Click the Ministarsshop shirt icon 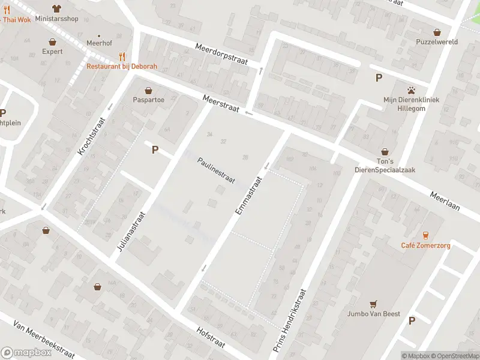(x=56, y=8)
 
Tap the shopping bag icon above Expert (x=53, y=42)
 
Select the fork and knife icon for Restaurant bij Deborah (x=122, y=56)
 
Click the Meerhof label (x=98, y=44)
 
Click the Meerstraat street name (x=221, y=103)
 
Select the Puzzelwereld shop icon (x=437, y=32)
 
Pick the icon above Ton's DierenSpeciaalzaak (x=385, y=152)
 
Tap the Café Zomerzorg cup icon (x=425, y=235)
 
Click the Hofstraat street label (x=211, y=337)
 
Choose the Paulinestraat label (x=216, y=170)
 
